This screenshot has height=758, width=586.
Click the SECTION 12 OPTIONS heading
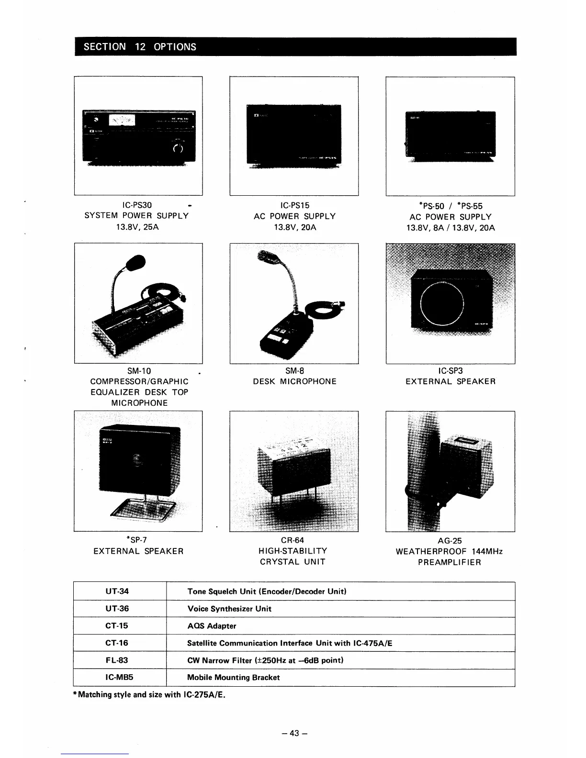coord(140,47)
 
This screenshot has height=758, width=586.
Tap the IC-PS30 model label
coord(137,205)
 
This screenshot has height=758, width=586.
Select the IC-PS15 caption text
coord(294,205)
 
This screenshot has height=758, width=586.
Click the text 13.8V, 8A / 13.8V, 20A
coord(450,228)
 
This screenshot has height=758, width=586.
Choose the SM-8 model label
coord(294,371)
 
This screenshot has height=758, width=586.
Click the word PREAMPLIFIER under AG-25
coord(450,562)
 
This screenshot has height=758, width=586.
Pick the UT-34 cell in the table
coord(117,591)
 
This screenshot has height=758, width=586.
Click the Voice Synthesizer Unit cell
coord(229,609)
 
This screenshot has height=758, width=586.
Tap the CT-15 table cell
coord(117,626)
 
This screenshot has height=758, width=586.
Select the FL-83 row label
coord(117,660)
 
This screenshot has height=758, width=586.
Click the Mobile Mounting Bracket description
coord(234,678)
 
